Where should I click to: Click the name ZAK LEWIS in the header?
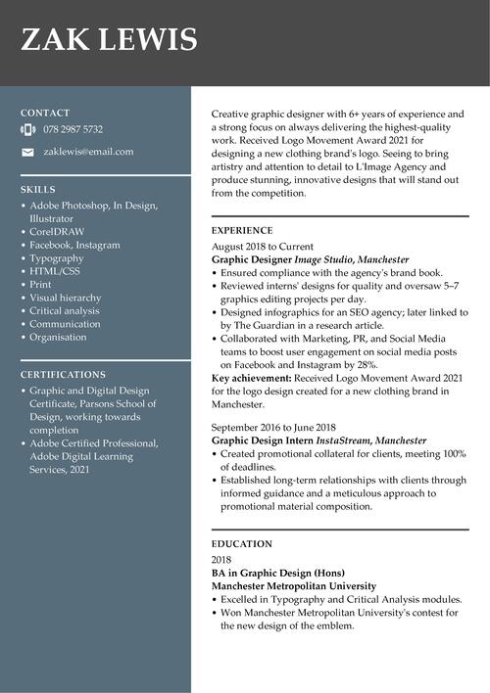[109, 40]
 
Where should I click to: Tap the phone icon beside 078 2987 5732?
[27, 129]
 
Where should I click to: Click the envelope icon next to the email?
[27, 152]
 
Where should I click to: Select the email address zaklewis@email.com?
[88, 152]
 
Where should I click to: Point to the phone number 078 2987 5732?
[73, 129]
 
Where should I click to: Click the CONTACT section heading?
[45, 113]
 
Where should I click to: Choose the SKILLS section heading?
[38, 189]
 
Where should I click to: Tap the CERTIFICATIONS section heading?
[63, 374]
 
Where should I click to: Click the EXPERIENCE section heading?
[242, 230]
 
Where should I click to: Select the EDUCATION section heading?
[240, 543]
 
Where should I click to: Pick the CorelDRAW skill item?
[57, 232]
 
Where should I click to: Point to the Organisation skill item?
[58, 337]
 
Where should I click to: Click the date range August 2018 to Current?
[263, 247]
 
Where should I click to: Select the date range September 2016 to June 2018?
[273, 428]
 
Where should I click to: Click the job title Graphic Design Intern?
[262, 441]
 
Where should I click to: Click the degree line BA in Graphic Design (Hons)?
[278, 573]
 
